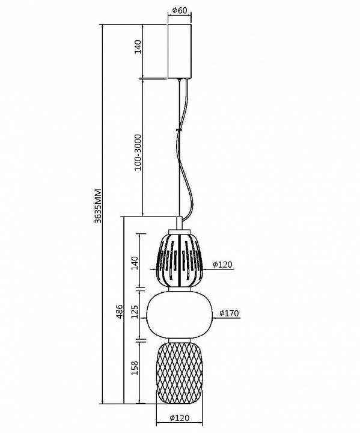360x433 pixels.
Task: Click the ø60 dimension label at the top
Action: (x=180, y=10)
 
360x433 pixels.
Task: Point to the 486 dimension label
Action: (x=120, y=312)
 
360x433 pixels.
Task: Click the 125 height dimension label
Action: (x=135, y=312)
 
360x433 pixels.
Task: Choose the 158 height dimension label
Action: (x=135, y=367)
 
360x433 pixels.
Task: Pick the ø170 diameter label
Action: (x=229, y=313)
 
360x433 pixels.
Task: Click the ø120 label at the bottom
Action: (x=180, y=418)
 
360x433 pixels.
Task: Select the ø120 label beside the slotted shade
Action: (x=222, y=265)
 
